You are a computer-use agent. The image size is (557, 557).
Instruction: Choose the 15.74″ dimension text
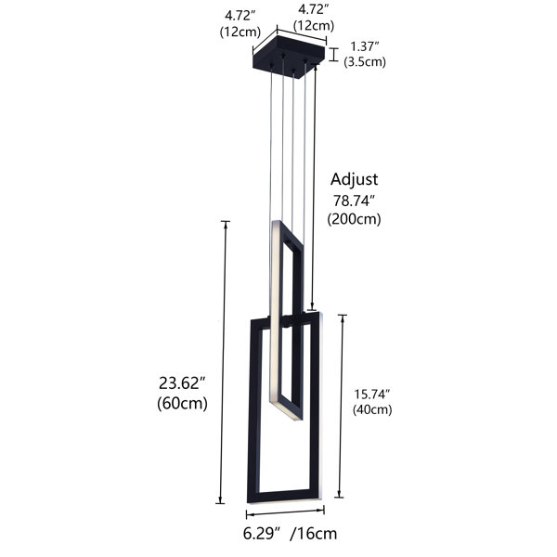pyautogui.click(x=371, y=394)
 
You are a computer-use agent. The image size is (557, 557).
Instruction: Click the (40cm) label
pyautogui.click(x=371, y=409)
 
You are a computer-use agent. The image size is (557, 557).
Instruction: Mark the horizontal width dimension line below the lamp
pyautogui.click(x=284, y=513)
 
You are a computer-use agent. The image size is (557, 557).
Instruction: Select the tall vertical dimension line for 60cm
pyautogui.click(x=222, y=362)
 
